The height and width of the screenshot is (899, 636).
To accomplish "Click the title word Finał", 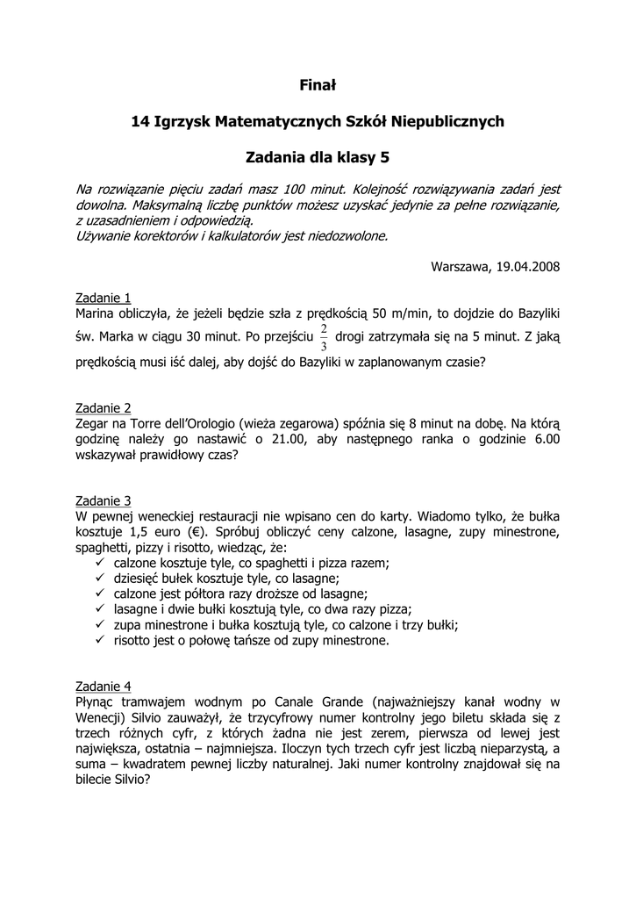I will (318, 85).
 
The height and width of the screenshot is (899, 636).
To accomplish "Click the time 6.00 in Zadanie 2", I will (545, 440).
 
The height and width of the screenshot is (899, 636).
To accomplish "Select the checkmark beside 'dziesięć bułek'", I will (99, 578).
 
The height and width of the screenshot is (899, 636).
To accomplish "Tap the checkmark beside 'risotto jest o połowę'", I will (99, 640).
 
